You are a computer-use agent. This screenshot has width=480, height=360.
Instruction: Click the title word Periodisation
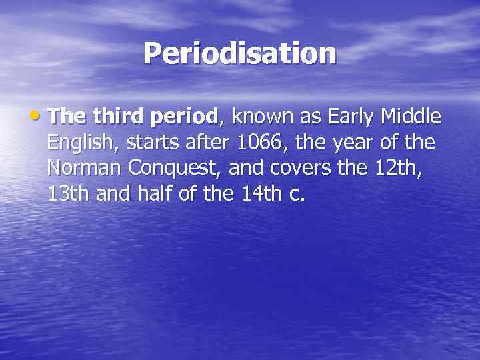[x=240, y=53]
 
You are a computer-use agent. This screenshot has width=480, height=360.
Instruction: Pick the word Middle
[x=411, y=117]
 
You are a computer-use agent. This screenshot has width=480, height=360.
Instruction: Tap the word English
[x=78, y=143]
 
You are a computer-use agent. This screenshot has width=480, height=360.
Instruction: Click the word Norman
[x=85, y=168]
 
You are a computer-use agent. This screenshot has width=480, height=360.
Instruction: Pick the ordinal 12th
[x=398, y=168]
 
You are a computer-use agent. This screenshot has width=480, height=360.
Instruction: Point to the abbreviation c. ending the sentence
[x=297, y=195]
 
